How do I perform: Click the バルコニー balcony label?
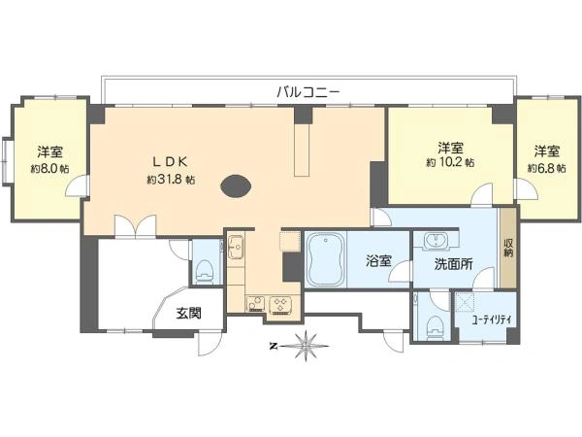click(x=308, y=91)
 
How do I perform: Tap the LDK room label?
click(x=172, y=161)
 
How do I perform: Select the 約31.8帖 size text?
click(x=171, y=180)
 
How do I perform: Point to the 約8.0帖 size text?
click(x=50, y=169)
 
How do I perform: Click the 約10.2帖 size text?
click(x=450, y=163)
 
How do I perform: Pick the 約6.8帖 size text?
click(x=547, y=168)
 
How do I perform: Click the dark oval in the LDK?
click(x=237, y=186)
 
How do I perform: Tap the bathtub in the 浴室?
click(x=326, y=259)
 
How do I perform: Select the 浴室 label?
click(x=378, y=261)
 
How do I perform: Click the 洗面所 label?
click(x=454, y=264)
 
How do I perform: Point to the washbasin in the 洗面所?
click(x=436, y=240)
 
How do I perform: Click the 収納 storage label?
click(x=508, y=249)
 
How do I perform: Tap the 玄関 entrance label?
click(x=188, y=314)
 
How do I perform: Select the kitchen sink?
click(x=236, y=247)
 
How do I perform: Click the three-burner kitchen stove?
click(x=280, y=305)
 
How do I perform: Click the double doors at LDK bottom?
click(x=135, y=226)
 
